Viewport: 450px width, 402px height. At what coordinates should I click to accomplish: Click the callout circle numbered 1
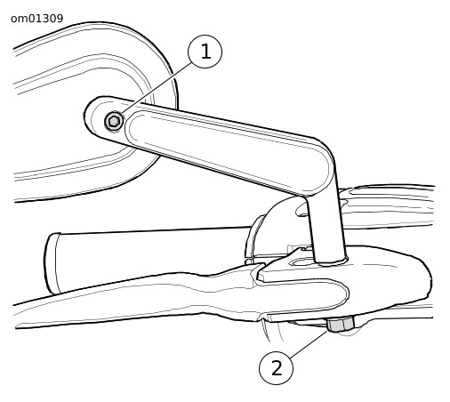pos(205,52)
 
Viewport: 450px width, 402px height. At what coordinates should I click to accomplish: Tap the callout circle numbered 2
pos(277,368)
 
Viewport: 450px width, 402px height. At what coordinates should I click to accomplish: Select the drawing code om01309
pos(37,19)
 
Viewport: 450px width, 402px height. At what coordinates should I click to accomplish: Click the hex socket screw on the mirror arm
pos(114,121)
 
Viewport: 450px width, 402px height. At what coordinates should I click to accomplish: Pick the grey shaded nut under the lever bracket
pos(341,325)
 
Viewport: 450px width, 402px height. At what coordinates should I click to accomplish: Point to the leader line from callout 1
pos(157,88)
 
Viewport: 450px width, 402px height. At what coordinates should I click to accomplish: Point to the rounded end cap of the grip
pos(51,264)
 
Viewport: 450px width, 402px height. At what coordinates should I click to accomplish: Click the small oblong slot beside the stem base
pos(300,262)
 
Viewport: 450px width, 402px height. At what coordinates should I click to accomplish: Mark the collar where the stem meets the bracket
pos(331,261)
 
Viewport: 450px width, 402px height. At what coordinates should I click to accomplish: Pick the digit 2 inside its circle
pos(277,368)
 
